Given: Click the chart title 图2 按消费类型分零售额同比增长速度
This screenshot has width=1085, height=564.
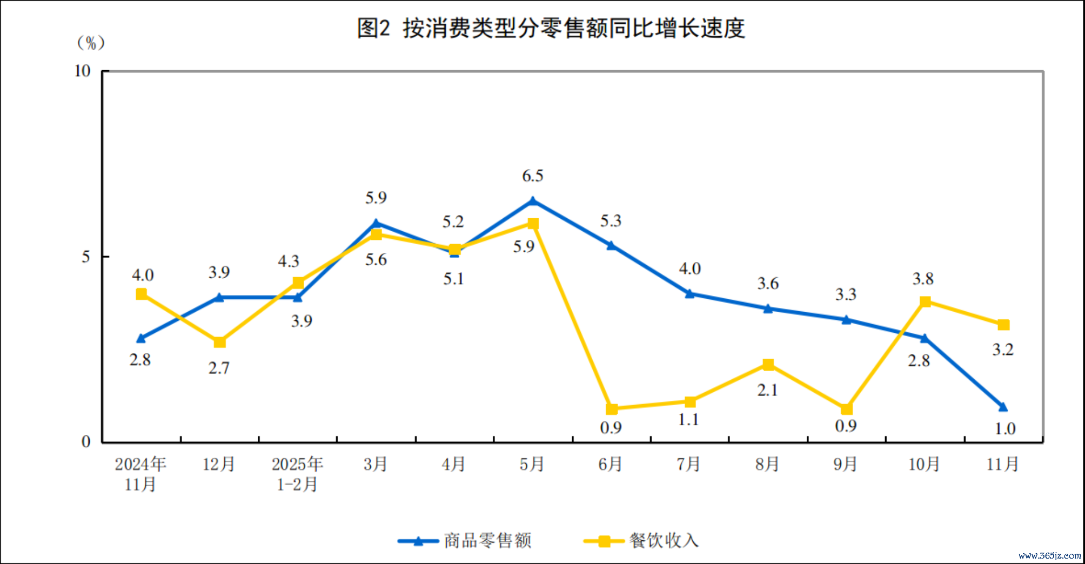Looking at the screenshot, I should click(x=551, y=28).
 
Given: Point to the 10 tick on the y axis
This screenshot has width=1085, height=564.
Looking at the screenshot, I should click(x=83, y=71).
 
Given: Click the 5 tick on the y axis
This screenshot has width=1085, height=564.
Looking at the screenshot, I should click(x=86, y=257).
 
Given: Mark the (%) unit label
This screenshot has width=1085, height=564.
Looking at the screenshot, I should click(x=91, y=43).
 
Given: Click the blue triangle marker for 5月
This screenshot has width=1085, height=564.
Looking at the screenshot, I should click(x=533, y=202).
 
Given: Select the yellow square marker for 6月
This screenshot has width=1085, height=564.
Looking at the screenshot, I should click(x=611, y=409).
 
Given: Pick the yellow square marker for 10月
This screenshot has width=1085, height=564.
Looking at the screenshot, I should click(x=925, y=301).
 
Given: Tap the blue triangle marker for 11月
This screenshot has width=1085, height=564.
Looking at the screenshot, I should click(x=1003, y=407).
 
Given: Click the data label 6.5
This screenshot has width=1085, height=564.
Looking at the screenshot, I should click(x=532, y=176).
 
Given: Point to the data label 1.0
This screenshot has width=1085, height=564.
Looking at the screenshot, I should click(x=1005, y=429).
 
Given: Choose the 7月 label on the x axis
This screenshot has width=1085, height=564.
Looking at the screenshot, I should click(x=688, y=464).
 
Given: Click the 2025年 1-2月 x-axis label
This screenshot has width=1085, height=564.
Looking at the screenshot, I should click(x=297, y=474).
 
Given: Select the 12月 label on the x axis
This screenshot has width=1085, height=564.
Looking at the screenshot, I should click(x=219, y=464).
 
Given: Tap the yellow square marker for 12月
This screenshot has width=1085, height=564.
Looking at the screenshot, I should click(x=219, y=342).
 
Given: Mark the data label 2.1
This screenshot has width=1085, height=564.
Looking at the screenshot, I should click(x=767, y=390).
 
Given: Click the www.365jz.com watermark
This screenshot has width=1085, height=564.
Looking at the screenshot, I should click(x=1049, y=555).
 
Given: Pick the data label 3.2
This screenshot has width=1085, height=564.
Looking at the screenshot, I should click(x=1003, y=350).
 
